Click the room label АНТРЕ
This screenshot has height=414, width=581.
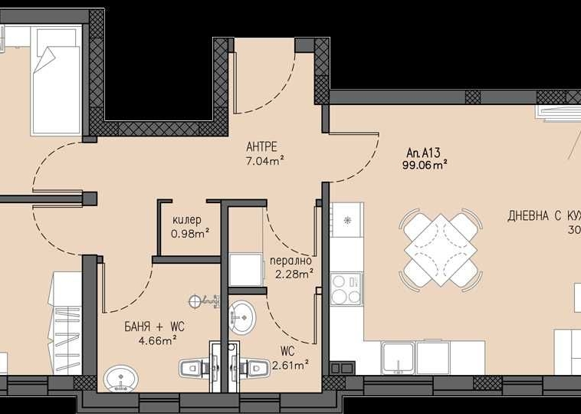[261, 146]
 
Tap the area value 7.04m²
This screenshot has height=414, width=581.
[265, 160]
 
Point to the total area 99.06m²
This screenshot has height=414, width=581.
[425, 164]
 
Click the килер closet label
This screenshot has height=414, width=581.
[187, 220]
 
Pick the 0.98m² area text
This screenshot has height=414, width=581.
[190, 233]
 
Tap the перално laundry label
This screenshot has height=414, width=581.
[289, 259]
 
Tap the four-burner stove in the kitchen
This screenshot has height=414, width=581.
[347, 289]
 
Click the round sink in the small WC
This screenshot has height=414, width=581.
[243, 315]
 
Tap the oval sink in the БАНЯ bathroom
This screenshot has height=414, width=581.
[120, 378]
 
